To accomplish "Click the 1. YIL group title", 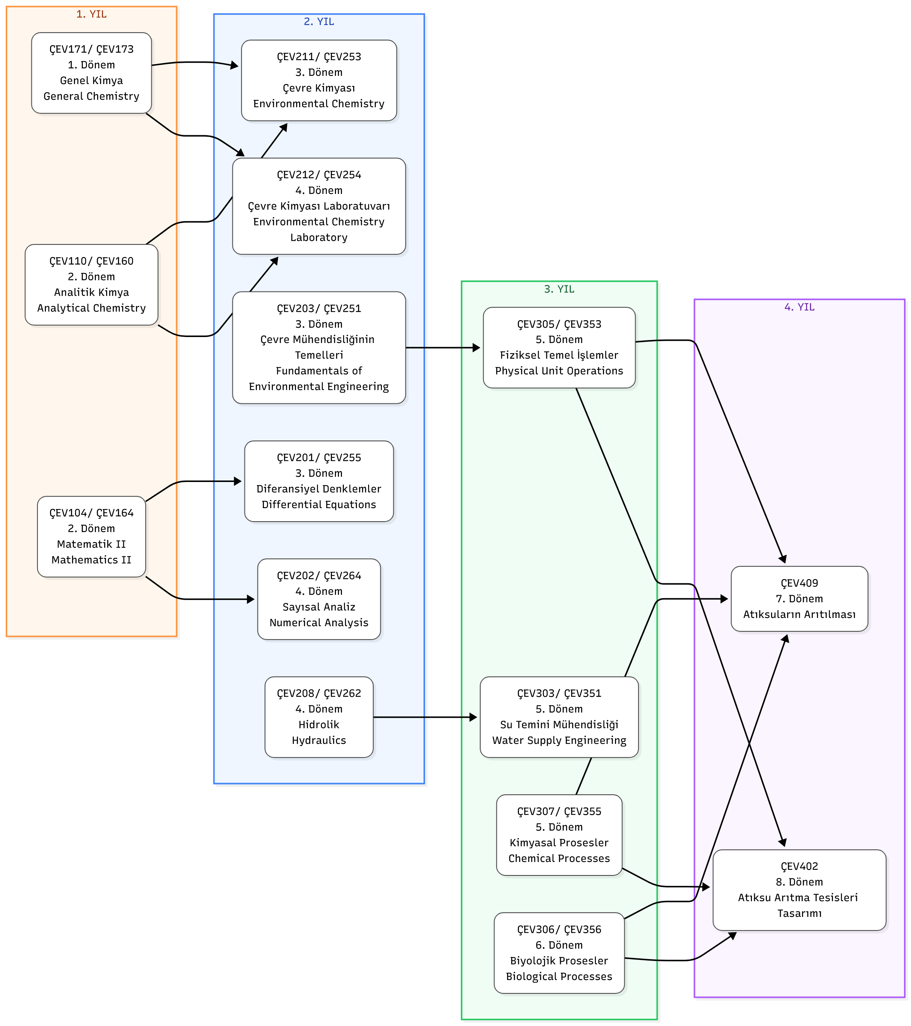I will (x=91, y=14).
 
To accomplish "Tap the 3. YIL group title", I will (x=559, y=289).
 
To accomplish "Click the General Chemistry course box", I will (x=91, y=73).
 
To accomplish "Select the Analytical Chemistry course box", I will (x=91, y=285).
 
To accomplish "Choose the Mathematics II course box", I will (x=91, y=537).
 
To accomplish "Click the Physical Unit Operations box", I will (x=559, y=347).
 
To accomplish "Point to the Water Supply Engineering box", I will (x=559, y=717).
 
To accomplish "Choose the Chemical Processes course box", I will (x=559, y=835).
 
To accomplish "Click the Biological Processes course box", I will (x=559, y=953).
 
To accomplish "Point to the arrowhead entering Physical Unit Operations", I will (x=476, y=347).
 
